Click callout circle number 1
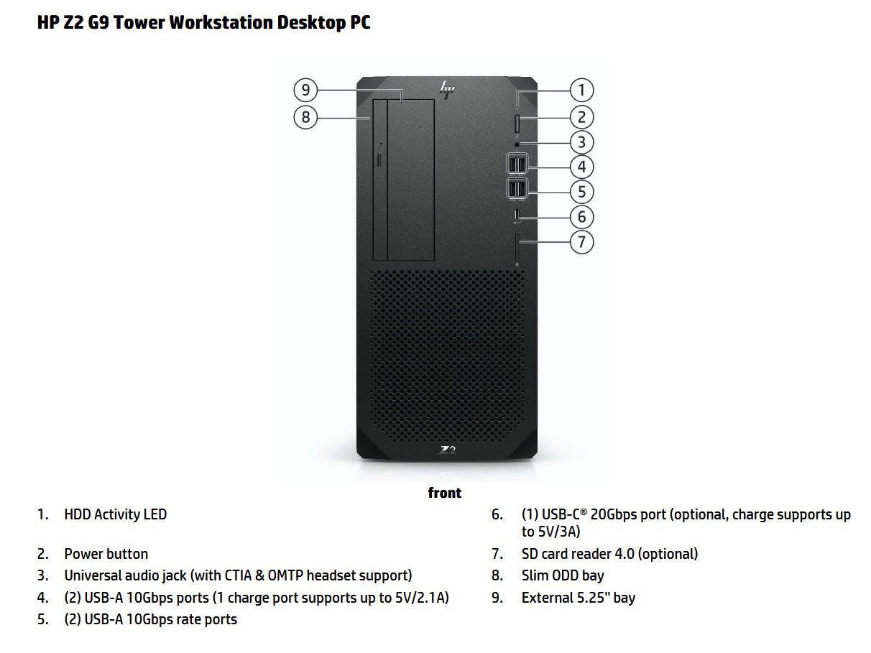click(x=581, y=91)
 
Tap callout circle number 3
click(x=581, y=142)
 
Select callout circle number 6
click(x=581, y=216)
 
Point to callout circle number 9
click(x=305, y=91)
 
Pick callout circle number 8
click(x=305, y=116)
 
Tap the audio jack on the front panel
click(x=517, y=144)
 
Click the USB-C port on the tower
click(x=517, y=214)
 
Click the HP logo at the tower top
click(x=448, y=89)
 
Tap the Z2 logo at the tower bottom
click(x=448, y=450)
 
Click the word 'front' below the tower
click(x=444, y=493)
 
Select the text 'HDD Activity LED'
click(x=115, y=514)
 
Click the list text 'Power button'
click(x=106, y=554)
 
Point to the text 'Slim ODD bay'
click(x=563, y=575)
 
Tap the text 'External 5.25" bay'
click(x=579, y=598)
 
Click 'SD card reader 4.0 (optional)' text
click(x=609, y=554)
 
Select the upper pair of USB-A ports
click(x=517, y=165)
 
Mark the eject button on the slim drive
click(x=379, y=158)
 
